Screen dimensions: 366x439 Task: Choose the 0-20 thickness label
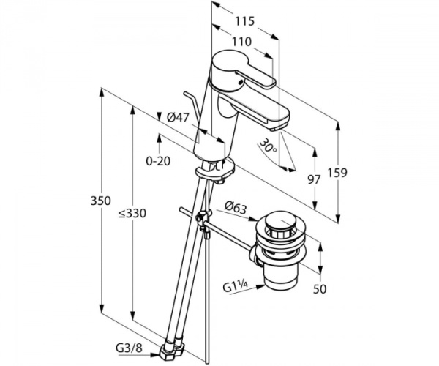coord(159,161)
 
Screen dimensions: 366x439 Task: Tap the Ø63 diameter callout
coord(234,208)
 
